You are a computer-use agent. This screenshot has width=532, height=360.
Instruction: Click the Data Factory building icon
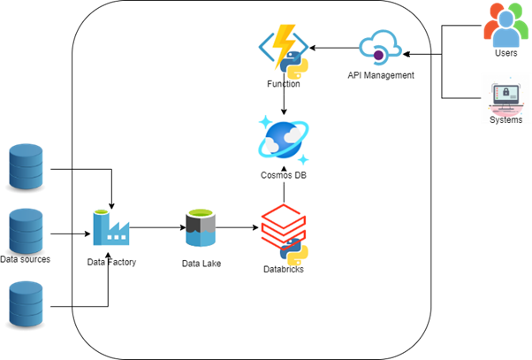pyautogui.click(x=111, y=228)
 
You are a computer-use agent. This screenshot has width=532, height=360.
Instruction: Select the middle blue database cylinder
pyautogui.click(x=25, y=232)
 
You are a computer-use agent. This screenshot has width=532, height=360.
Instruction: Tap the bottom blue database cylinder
pyautogui.click(x=25, y=303)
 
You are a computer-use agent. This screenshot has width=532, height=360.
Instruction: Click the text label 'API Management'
pyautogui.click(x=380, y=76)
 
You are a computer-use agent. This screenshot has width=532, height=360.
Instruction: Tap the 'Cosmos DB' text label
pyautogui.click(x=283, y=175)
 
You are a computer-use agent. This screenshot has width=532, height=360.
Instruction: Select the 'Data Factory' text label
pyautogui.click(x=110, y=262)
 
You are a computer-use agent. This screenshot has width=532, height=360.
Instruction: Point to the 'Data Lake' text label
pyautogui.click(x=201, y=263)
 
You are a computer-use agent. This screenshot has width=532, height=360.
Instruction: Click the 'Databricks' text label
pyautogui.click(x=284, y=269)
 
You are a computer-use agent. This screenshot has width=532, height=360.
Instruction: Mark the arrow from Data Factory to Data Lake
pyautogui.click(x=156, y=228)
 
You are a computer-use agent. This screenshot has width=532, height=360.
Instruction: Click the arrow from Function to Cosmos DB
pyautogui.click(x=283, y=100)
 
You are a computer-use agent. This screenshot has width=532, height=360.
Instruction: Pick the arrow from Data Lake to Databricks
pyautogui.click(x=237, y=228)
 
